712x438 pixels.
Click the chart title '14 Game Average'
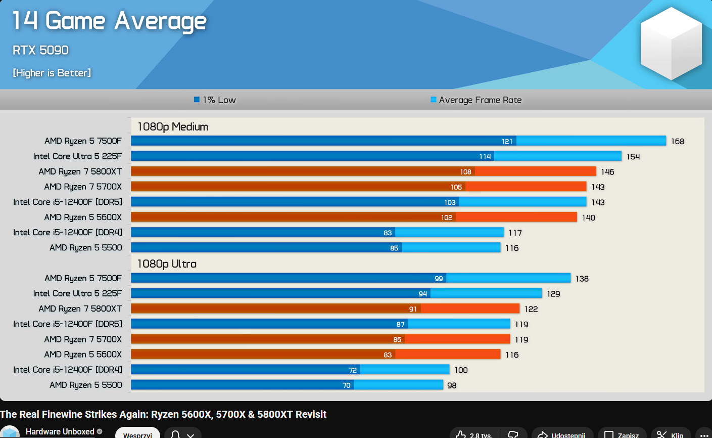[x=109, y=21]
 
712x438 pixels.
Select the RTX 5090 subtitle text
[x=40, y=50]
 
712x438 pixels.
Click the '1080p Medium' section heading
[x=173, y=127]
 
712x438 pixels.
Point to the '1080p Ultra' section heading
[x=167, y=264]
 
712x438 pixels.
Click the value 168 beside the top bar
[x=678, y=142]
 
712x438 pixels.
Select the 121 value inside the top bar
[x=507, y=142]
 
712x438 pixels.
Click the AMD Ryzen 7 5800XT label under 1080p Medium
[x=80, y=171]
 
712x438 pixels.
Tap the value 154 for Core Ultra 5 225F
[x=633, y=157]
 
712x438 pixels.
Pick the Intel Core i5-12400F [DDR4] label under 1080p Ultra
[x=68, y=370]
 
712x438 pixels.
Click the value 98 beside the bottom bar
[x=452, y=385]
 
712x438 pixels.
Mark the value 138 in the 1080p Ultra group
[x=582, y=279]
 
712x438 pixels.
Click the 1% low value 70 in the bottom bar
[x=346, y=385]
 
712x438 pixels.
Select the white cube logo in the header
[x=671, y=43]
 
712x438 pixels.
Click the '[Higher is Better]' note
[x=52, y=73]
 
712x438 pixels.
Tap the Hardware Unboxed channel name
[x=60, y=431]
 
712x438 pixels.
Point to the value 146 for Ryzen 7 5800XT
[x=607, y=172]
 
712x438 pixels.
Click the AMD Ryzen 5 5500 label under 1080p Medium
[x=85, y=248]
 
